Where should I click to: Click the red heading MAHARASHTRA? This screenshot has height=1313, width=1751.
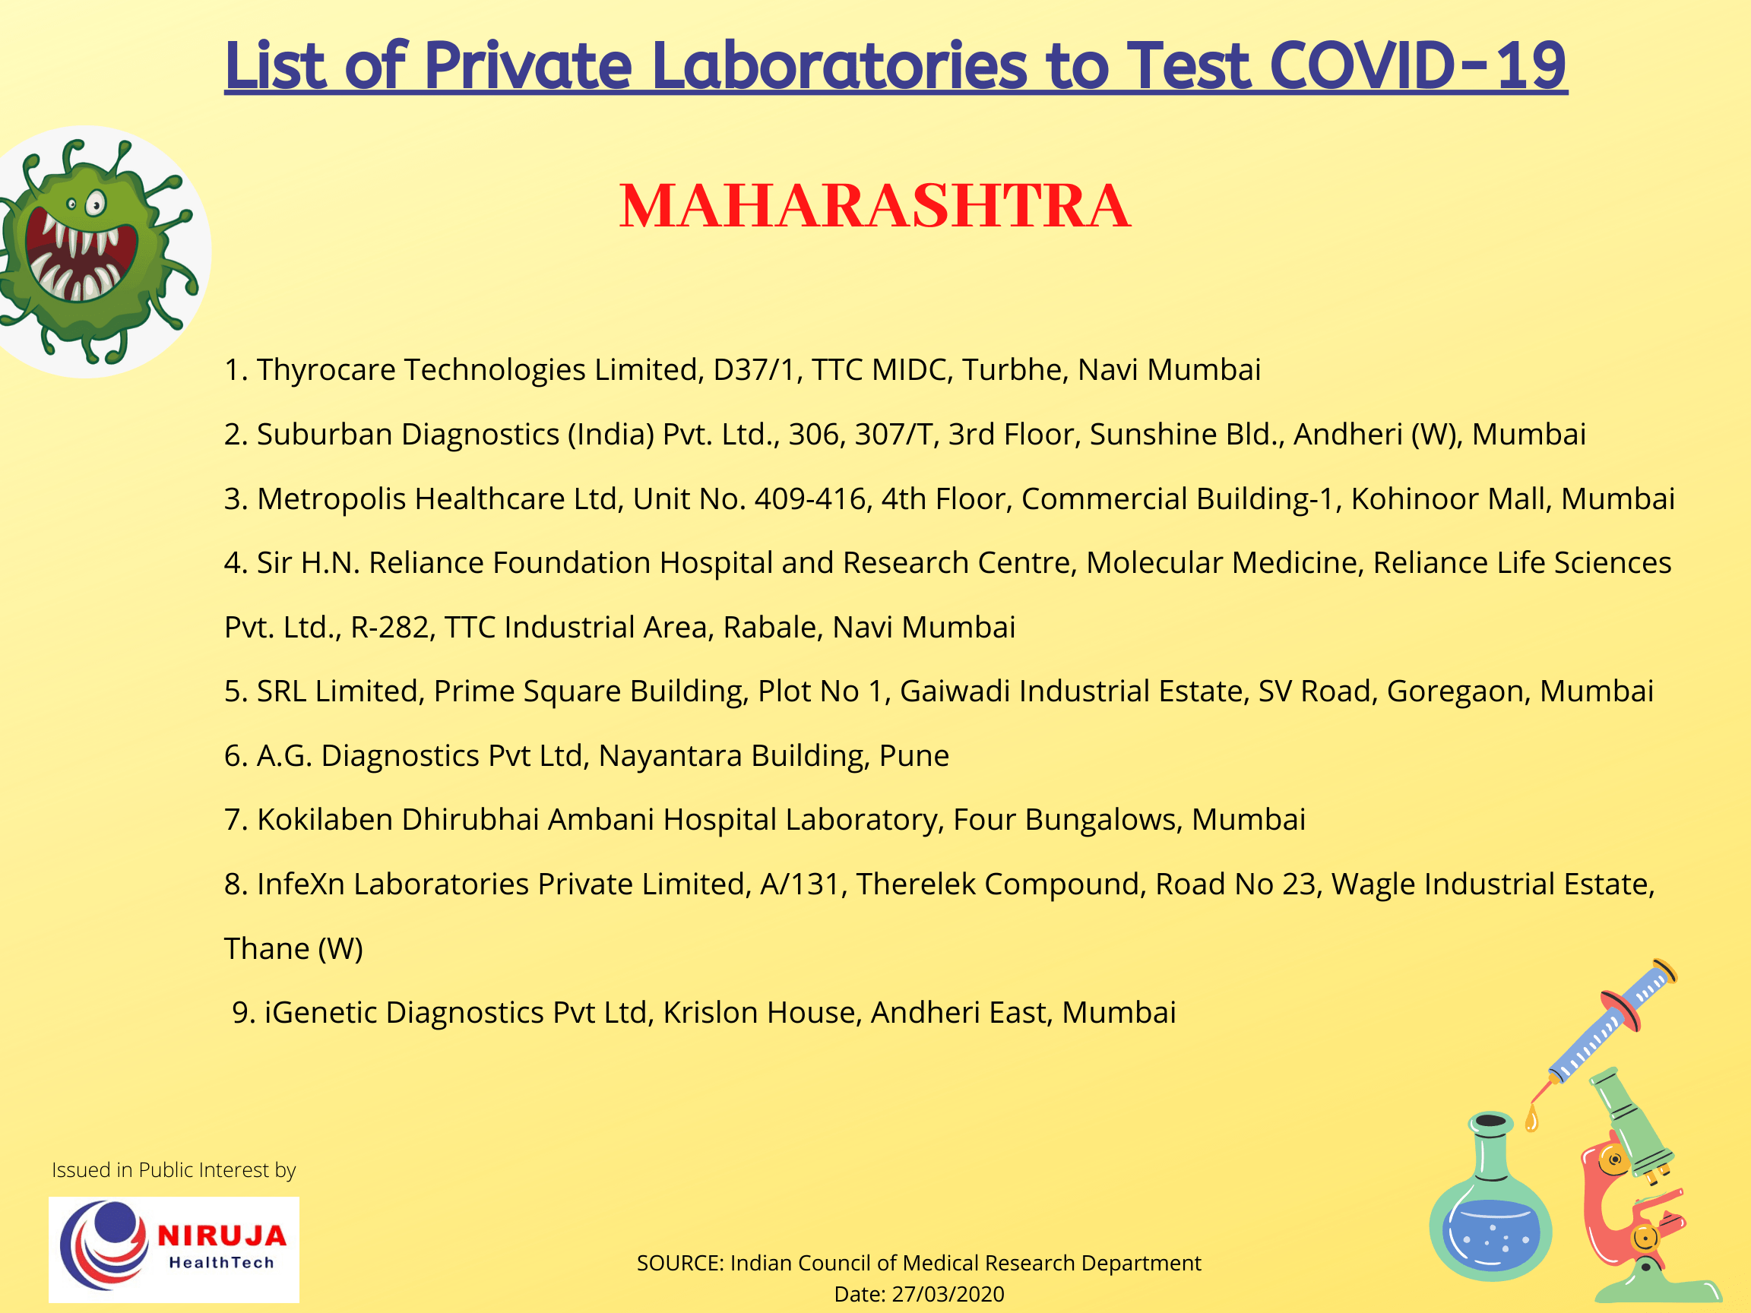pos(874,207)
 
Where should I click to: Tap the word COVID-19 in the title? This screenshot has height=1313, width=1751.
pos(1417,65)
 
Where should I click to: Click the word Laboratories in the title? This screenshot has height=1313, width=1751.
pos(839,65)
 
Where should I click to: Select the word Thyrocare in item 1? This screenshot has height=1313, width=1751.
pos(325,369)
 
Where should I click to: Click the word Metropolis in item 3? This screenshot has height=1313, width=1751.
pos(331,498)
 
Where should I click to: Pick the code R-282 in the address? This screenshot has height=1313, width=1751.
pos(392,627)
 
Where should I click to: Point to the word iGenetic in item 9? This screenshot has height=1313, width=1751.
pos(320,1012)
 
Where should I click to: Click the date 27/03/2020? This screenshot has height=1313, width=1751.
pos(948,1294)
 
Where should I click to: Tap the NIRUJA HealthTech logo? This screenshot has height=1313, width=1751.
pos(174,1250)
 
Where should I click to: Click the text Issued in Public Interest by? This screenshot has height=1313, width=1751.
pos(173,1169)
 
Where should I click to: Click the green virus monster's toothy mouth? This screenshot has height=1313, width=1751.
pos(79,261)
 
